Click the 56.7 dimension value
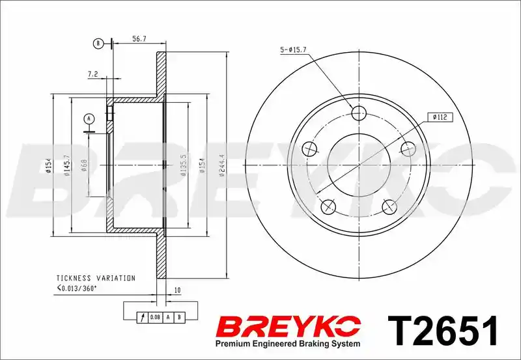pos(139,39)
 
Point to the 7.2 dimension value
pos(92,74)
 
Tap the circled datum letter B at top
pos(98,44)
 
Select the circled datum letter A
pos(89,118)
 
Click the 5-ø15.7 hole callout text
pos(294,50)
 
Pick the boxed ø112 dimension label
pos(440,117)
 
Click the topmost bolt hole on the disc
pos(359,113)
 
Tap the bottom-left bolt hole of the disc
pos(328,206)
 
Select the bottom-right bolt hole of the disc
pos(389,206)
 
